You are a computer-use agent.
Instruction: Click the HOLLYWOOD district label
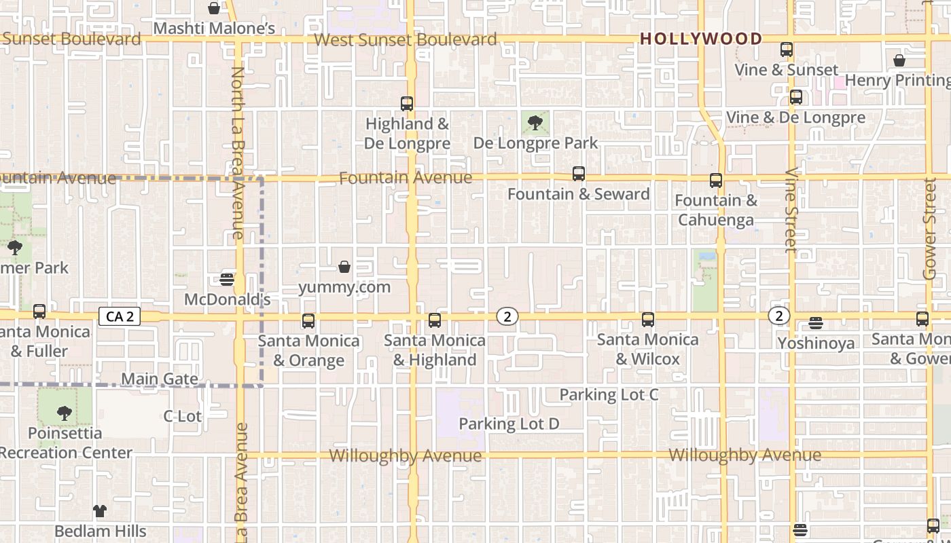pos(701,39)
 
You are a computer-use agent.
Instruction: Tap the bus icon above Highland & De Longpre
pos(407,104)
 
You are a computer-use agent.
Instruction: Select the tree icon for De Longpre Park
pos(535,123)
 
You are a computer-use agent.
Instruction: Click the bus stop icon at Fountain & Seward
pos(578,174)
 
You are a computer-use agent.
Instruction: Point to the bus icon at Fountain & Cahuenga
pos(715,181)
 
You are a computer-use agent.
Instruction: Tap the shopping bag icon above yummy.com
pos(344,267)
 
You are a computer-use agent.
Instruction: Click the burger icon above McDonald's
pos(227,279)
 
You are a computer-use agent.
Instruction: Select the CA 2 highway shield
pos(120,316)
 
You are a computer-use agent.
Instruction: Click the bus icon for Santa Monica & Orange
pos(308,321)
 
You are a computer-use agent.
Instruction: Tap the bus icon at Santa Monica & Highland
pos(435,320)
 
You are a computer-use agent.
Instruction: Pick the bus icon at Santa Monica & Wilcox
pos(647,320)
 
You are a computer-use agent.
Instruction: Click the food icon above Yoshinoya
pos(816,323)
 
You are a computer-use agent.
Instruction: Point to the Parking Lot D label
pos(509,424)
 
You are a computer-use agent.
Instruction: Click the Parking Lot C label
pos(609,394)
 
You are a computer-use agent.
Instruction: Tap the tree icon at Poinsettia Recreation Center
pos(64,413)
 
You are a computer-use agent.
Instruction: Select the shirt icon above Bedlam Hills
pos(100,510)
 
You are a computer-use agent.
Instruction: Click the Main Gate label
pos(160,379)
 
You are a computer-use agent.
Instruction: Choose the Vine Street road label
pos(791,210)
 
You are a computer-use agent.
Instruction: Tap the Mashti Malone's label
pos(214,29)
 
